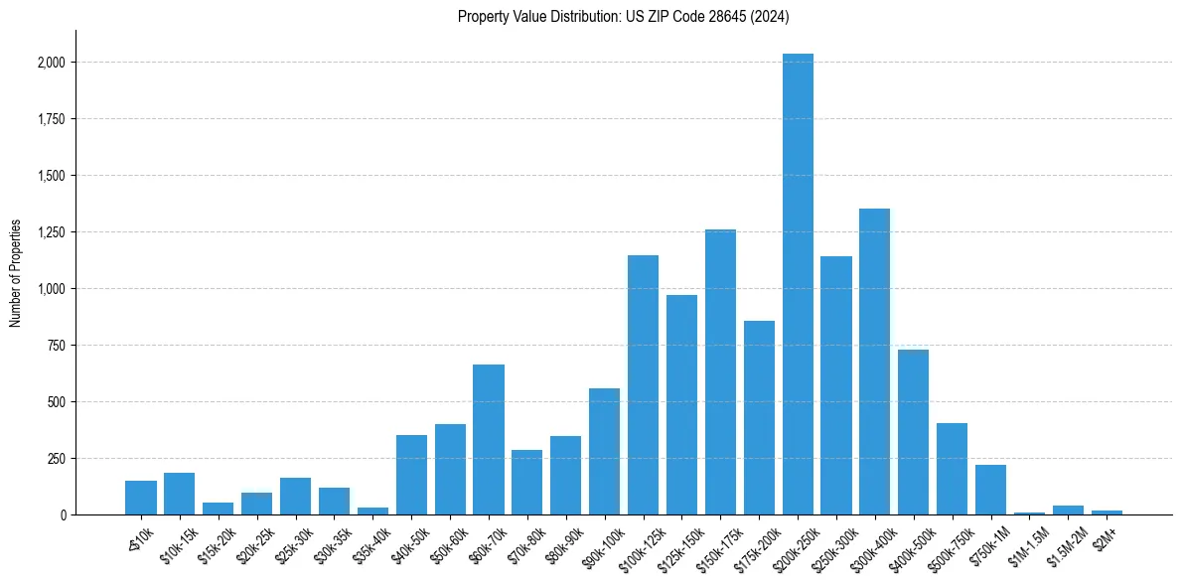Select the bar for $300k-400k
pyautogui.click(x=875, y=362)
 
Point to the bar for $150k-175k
pyautogui.click(x=720, y=371)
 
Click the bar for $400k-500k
pyautogui.click(x=914, y=432)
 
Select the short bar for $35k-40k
pyautogui.click(x=372, y=511)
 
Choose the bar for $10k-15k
pyautogui.click(x=179, y=494)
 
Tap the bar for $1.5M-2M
pyautogui.click(x=1068, y=510)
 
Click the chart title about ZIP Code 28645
pyautogui.click(x=623, y=16)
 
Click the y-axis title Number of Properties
pyautogui.click(x=16, y=273)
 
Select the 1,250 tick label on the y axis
pyautogui.click(x=51, y=232)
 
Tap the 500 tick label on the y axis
pyautogui.click(x=57, y=402)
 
